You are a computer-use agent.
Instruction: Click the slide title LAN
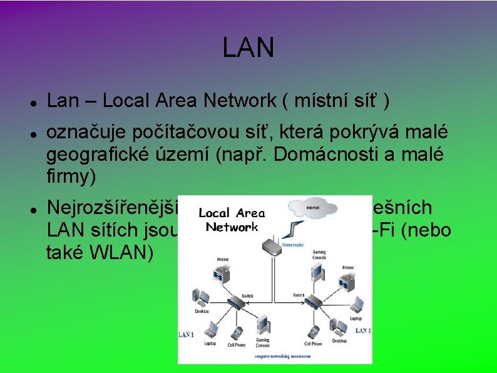pyautogui.click(x=248, y=48)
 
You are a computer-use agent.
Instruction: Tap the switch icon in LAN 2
pyautogui.click(x=314, y=301)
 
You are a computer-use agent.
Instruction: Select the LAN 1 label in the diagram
pyautogui.click(x=187, y=335)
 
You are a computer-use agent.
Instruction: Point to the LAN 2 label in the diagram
pyautogui.click(x=362, y=331)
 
